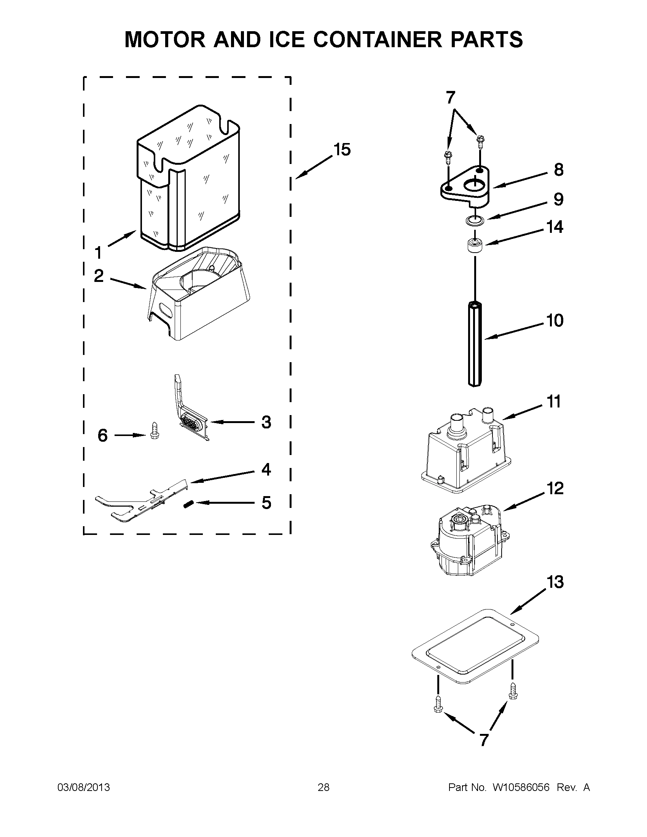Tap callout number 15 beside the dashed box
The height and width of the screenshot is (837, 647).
(x=342, y=150)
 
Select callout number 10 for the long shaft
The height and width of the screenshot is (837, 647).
(x=555, y=320)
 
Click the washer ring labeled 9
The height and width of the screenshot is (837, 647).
(x=475, y=220)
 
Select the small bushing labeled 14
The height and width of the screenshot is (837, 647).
(x=475, y=245)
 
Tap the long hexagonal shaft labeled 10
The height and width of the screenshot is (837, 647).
(x=475, y=343)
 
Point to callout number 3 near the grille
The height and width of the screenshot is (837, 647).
(x=266, y=422)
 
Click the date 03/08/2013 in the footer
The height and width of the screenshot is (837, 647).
(x=84, y=788)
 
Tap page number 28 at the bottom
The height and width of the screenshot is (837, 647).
(x=323, y=788)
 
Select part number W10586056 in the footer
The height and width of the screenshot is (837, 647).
(x=521, y=788)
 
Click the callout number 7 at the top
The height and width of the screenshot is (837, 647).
(x=450, y=98)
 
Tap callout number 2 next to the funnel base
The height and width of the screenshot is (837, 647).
(x=99, y=276)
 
